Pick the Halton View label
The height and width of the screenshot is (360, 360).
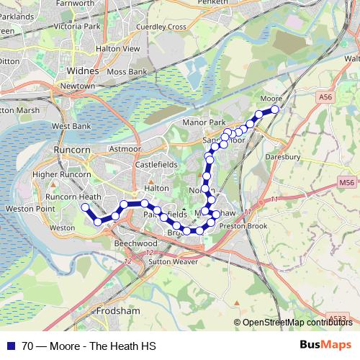[121, 48]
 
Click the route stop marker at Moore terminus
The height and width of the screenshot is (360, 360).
[274, 109]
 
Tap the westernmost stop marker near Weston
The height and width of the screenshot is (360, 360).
[85, 207]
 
